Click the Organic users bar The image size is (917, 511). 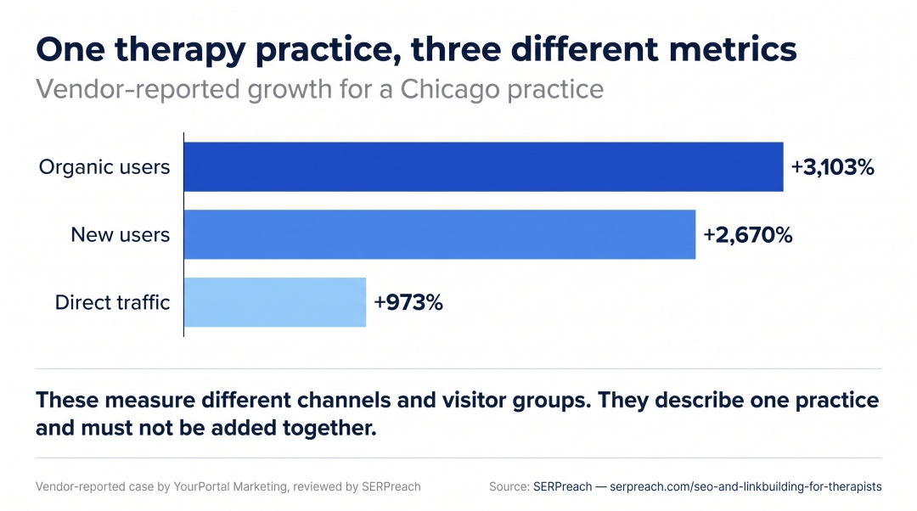[484, 166]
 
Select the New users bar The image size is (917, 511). [440, 234]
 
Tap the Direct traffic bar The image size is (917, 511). [275, 302]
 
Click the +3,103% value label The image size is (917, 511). [832, 167]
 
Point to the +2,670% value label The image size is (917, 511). [747, 235]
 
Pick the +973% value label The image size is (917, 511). [408, 303]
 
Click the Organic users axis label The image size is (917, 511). [104, 167]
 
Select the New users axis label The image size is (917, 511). [121, 235]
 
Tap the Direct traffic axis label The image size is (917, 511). [112, 302]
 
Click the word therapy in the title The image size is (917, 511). [180, 50]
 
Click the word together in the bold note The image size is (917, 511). [329, 429]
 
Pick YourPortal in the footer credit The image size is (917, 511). [202, 486]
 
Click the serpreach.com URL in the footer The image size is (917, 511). [745, 486]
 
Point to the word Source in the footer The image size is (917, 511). [509, 486]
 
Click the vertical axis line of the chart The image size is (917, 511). [183, 234]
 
